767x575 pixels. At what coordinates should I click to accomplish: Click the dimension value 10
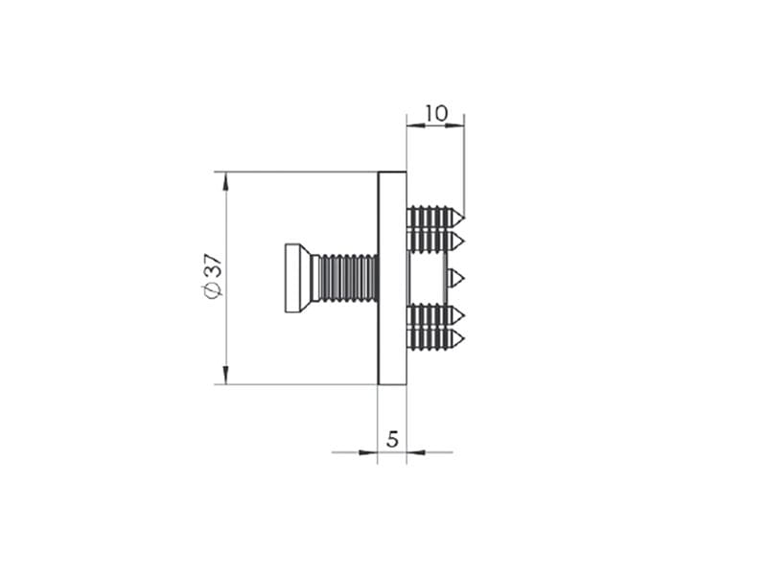[436, 113]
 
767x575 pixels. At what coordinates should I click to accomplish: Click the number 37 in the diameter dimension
[214, 266]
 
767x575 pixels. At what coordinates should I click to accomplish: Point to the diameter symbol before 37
[214, 290]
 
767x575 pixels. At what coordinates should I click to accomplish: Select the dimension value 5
[392, 439]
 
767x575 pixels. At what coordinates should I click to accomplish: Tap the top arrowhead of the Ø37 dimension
[225, 181]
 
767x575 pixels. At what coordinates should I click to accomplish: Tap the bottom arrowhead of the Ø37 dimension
[225, 375]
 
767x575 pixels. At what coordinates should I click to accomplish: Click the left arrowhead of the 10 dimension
[416, 126]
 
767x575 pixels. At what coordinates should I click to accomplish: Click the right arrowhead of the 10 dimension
[454, 126]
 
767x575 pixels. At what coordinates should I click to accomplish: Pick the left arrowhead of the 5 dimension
[368, 452]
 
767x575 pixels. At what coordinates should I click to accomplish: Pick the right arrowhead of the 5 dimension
[416, 452]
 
